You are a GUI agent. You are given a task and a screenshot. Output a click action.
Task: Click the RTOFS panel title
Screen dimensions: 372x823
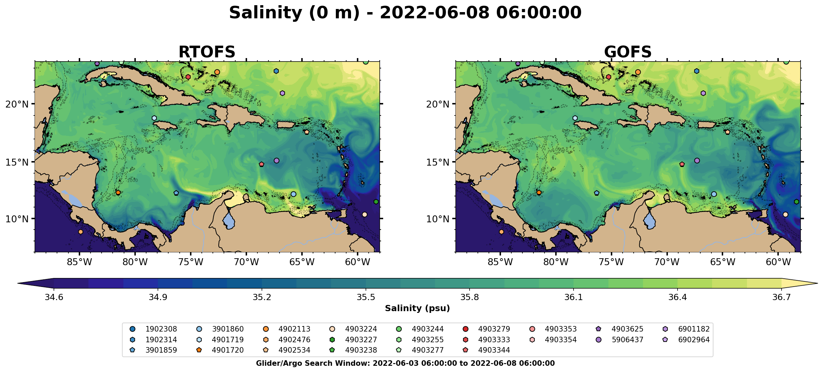point(207,52)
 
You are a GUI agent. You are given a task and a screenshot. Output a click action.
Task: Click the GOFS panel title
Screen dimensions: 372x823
point(627,52)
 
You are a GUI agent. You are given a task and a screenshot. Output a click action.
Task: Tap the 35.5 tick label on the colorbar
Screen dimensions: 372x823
point(366,298)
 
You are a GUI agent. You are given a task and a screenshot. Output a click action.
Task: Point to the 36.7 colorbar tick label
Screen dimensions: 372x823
point(782,298)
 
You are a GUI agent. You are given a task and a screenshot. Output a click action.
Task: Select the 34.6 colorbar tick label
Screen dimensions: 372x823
point(54,298)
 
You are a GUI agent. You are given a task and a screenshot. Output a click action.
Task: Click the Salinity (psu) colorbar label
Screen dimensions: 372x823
point(417,308)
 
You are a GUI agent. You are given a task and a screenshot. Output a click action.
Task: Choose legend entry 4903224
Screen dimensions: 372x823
point(361,329)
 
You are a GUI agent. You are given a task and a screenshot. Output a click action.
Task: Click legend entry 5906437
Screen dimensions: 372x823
point(627,340)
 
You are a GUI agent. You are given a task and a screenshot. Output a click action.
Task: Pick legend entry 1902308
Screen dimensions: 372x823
point(161,329)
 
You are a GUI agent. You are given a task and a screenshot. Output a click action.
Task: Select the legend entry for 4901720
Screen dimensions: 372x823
point(228,350)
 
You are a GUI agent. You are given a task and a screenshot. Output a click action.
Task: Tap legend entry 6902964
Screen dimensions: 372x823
point(694,340)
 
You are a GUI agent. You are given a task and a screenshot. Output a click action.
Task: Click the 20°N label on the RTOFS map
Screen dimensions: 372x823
point(17,104)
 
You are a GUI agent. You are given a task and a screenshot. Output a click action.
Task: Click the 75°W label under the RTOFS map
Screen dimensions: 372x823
point(190,262)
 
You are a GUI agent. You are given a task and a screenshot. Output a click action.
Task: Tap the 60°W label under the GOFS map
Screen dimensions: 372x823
point(778,262)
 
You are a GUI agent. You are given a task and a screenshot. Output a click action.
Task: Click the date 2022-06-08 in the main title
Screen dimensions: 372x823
point(435,13)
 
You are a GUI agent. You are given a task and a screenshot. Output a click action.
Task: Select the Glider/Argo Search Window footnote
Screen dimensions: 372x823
point(405,363)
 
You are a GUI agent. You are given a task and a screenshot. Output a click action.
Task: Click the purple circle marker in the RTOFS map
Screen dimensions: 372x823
point(276,160)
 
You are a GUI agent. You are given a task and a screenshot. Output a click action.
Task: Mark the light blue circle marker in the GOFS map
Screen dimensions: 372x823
point(714,194)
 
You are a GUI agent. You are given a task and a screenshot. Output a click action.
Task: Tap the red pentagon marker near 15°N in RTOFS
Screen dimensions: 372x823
point(262,164)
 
